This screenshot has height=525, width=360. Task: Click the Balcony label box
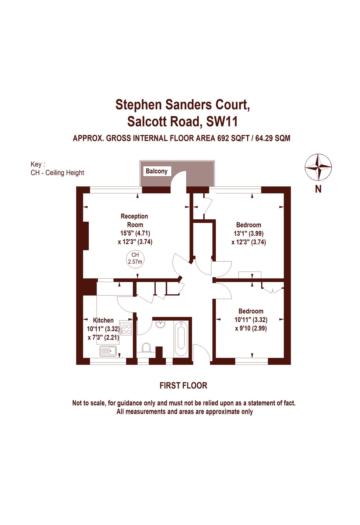pyautogui.click(x=156, y=171)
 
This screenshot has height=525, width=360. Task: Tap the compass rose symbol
pyautogui.click(x=318, y=167)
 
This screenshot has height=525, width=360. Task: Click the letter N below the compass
pyautogui.click(x=318, y=189)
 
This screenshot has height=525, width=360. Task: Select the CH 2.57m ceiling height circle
pyautogui.click(x=135, y=258)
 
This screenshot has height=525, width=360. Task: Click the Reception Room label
pyautogui.click(x=134, y=220)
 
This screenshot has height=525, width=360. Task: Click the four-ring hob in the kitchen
pyautogui.click(x=126, y=329)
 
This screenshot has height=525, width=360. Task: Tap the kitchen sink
pyautogui.click(x=108, y=351)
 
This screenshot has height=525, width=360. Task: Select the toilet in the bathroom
pyautogui.click(x=146, y=348)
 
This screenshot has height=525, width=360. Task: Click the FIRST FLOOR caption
pyautogui.click(x=183, y=386)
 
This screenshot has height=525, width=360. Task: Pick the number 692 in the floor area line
pyautogui.click(x=223, y=138)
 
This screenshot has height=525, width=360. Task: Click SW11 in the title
pyautogui.click(x=222, y=121)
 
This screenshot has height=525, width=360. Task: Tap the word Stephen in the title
pyautogui.click(x=139, y=104)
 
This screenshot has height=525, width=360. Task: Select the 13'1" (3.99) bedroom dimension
pyautogui.click(x=249, y=233)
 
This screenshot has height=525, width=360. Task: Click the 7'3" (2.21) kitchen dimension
pyautogui.click(x=103, y=337)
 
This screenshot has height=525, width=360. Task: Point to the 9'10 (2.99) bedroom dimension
pyautogui.click(x=251, y=328)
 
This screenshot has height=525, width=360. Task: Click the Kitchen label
pyautogui.click(x=103, y=320)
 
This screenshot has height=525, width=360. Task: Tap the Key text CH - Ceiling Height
pyautogui.click(x=57, y=173)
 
